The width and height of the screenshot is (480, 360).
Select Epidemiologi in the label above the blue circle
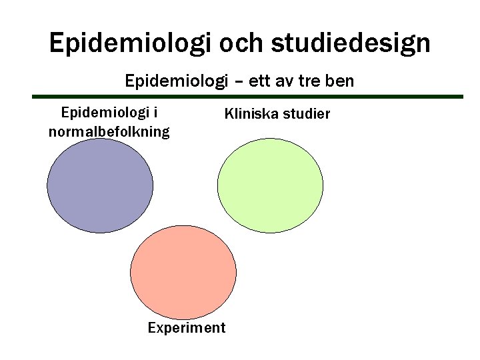coord(104,113)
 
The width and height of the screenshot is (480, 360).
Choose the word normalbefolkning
coord(109,131)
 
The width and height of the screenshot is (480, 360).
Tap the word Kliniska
coord(251,114)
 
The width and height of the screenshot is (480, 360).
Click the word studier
coord(305,114)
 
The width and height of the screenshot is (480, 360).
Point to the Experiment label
coord(187,328)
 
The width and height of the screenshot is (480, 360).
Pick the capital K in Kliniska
coord(229,114)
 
